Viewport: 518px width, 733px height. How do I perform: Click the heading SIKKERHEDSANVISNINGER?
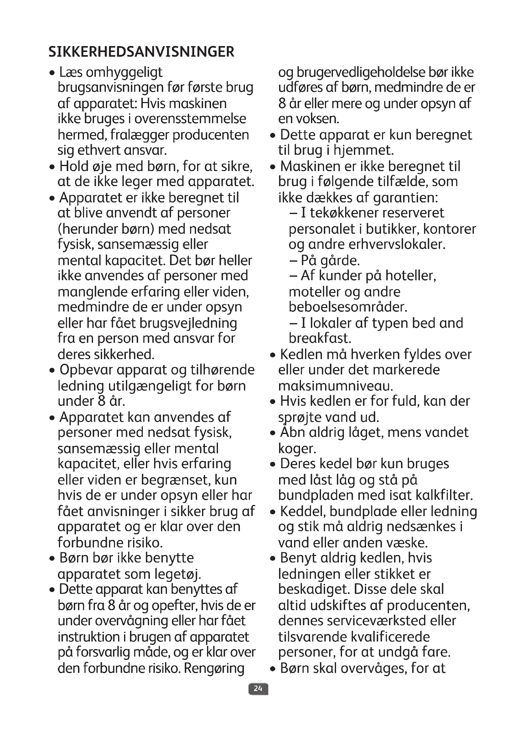[x=141, y=52]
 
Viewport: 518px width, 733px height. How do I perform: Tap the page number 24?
[x=258, y=688]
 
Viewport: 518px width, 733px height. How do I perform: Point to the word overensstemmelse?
[x=190, y=119]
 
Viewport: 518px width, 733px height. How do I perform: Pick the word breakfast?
[x=320, y=338]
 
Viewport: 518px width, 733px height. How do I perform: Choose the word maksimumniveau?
[x=335, y=386]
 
